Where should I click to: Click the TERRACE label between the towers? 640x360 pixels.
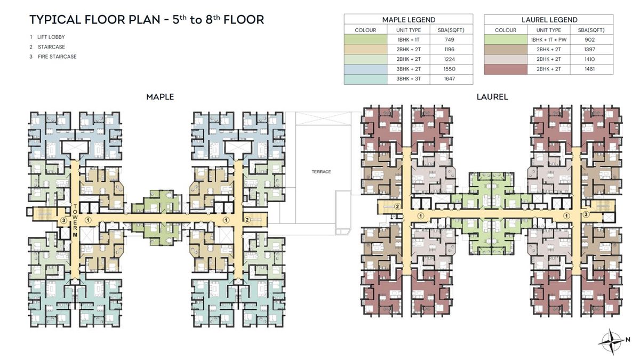pos(322,172)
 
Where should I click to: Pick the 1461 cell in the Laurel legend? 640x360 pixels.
pos(591,69)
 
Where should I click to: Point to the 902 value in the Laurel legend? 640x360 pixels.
pos(591,39)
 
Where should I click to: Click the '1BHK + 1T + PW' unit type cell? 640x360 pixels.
pos(548,39)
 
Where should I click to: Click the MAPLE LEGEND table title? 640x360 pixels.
pos(408,20)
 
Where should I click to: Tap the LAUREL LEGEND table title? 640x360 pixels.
pos(548,20)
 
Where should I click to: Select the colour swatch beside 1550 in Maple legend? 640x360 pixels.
pos(365,69)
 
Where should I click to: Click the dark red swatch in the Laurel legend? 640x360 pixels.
pos(505,69)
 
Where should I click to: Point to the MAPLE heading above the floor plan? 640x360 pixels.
pos(160,97)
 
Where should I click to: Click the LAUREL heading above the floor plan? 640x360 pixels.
pos(492,97)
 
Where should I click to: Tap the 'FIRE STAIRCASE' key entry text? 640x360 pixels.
pos(57,57)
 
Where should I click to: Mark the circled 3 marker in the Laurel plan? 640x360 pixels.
pos(586,215)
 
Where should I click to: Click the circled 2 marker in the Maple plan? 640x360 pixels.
pos(247,220)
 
